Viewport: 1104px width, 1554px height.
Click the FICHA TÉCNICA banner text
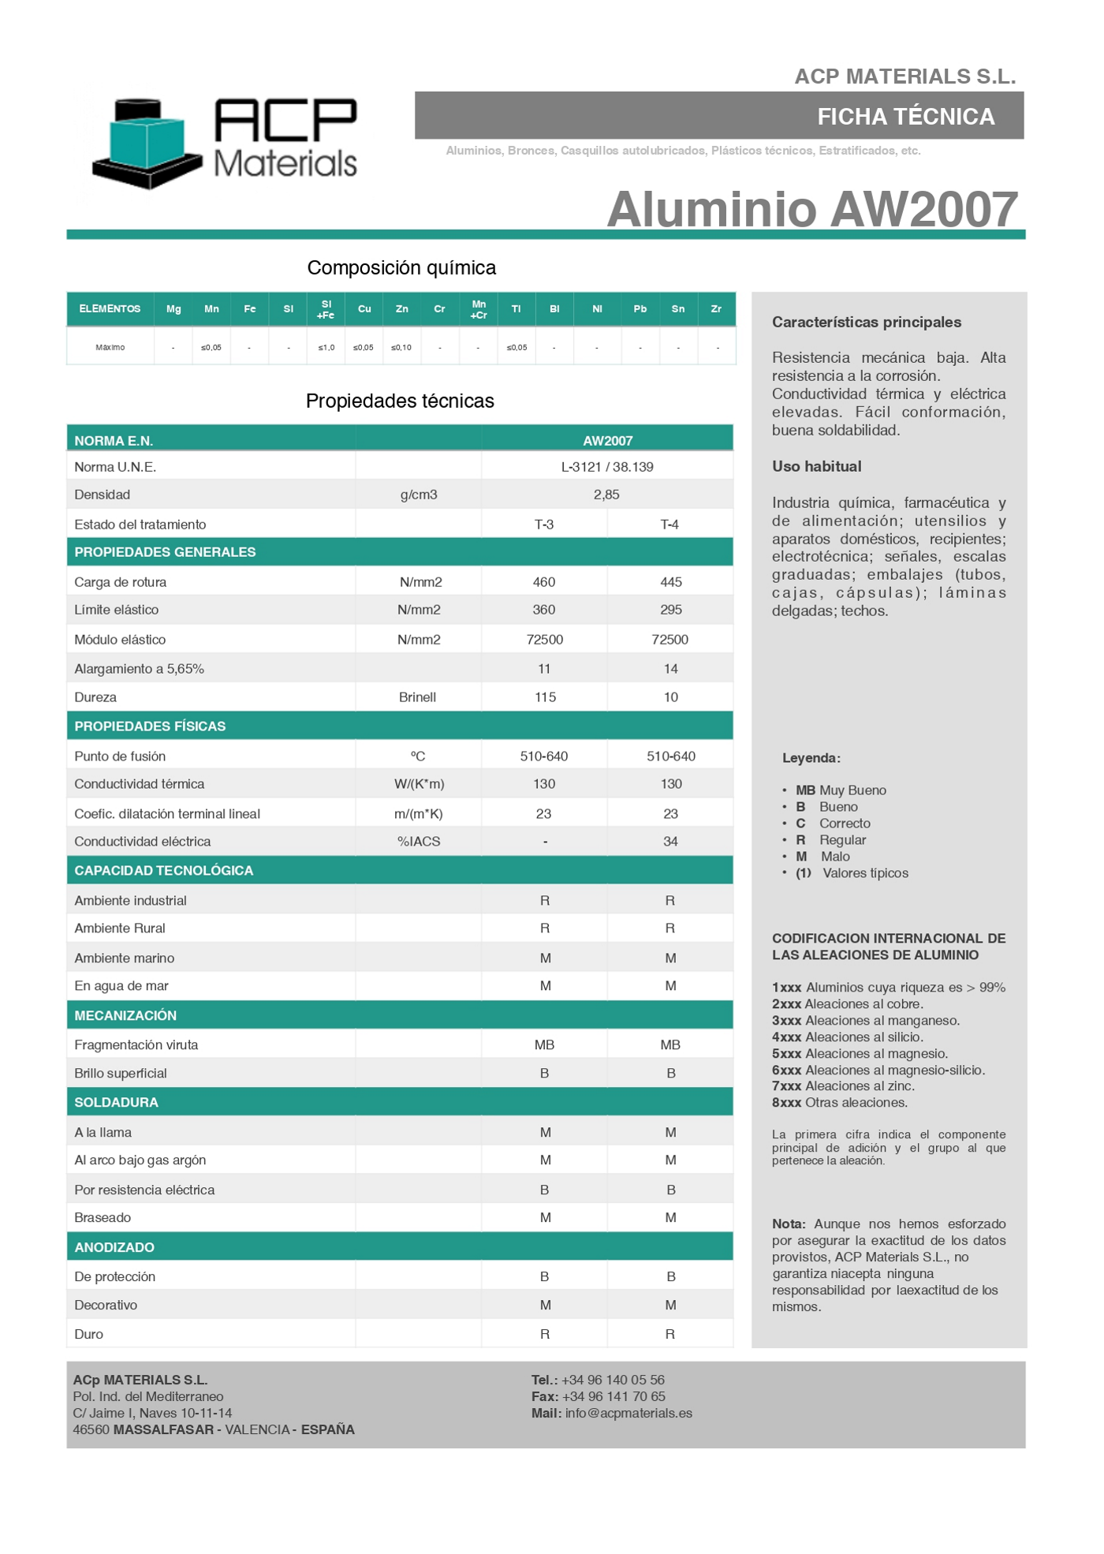(x=905, y=117)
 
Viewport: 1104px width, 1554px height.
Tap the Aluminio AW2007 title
(x=811, y=209)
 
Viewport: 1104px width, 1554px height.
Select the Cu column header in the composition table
(x=364, y=309)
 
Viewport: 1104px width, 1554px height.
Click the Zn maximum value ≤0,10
(x=401, y=348)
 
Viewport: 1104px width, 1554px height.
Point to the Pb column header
(x=640, y=309)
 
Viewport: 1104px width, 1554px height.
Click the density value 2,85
(x=606, y=495)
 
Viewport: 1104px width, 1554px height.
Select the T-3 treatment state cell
(x=544, y=525)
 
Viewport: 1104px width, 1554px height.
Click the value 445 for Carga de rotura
(x=670, y=582)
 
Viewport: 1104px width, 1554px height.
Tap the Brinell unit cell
(x=417, y=697)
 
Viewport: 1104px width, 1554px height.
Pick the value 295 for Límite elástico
(x=670, y=610)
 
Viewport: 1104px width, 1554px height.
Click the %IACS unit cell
(x=419, y=842)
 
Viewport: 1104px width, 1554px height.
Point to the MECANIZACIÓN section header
(x=125, y=1015)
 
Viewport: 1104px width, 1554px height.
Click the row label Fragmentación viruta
(x=136, y=1045)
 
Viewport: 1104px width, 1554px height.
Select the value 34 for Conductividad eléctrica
(x=670, y=842)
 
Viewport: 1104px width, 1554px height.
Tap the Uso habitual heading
(x=816, y=466)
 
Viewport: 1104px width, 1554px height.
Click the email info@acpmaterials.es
(x=628, y=1413)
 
